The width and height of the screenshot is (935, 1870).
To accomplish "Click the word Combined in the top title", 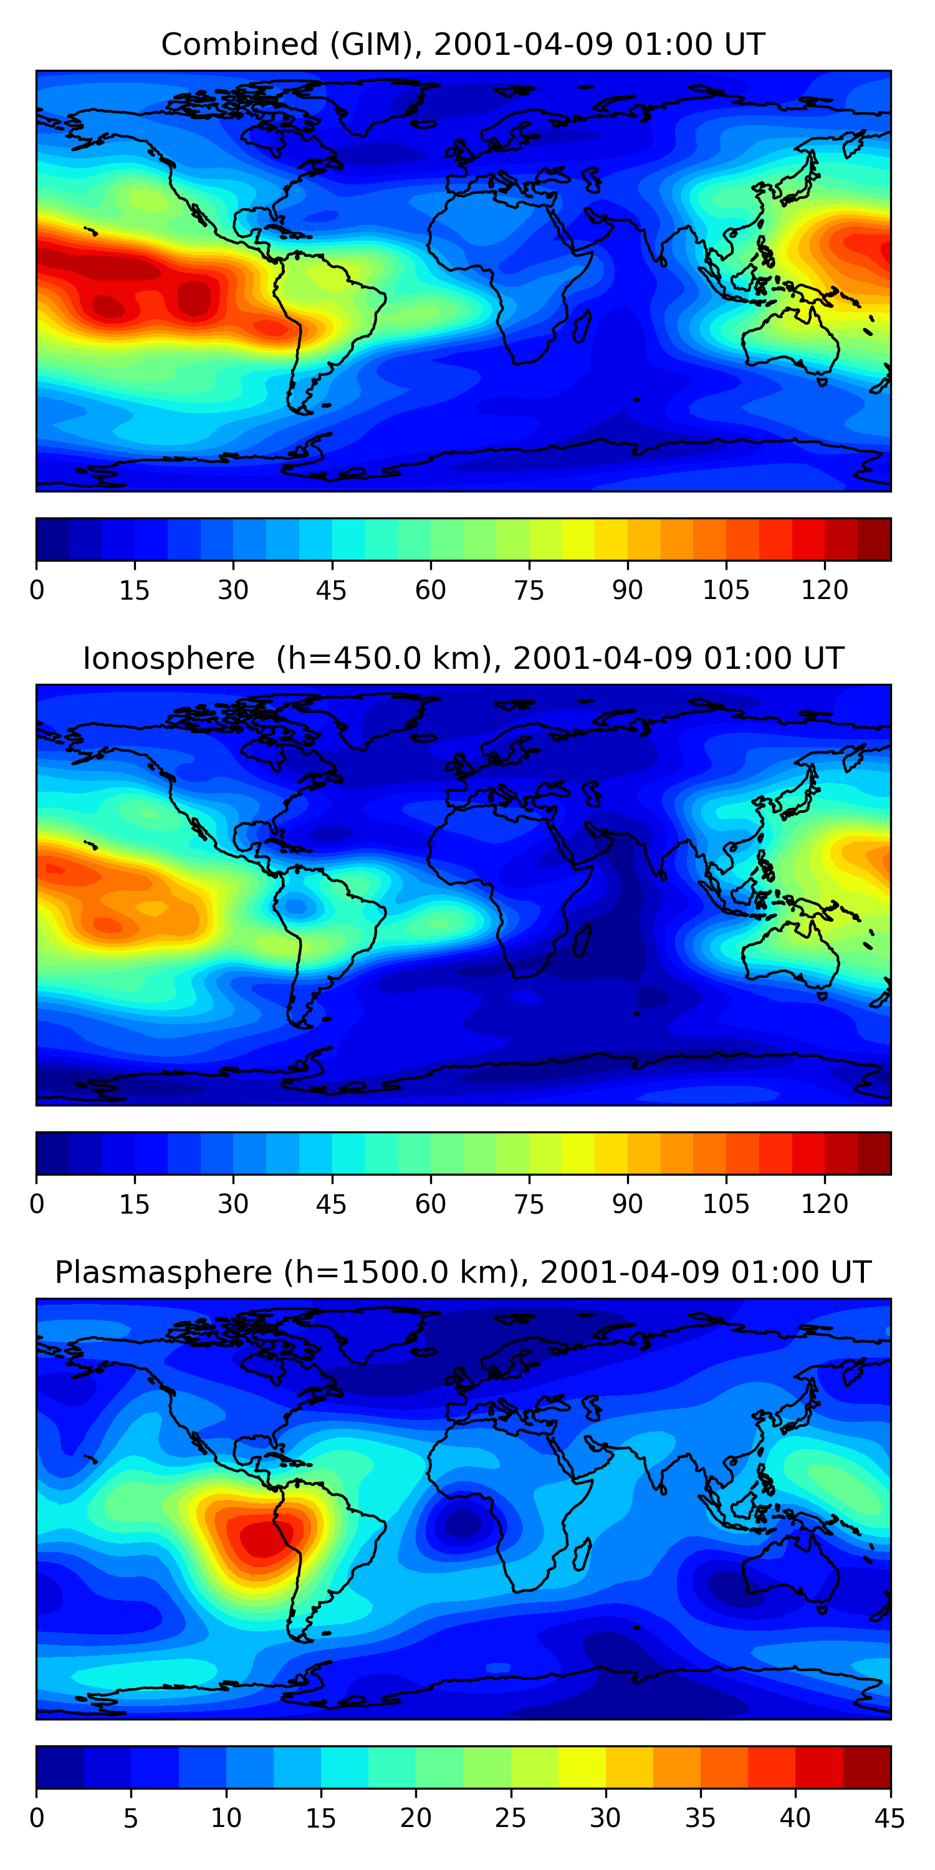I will coord(239,44).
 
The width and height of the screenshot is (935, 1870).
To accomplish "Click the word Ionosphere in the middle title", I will coord(168,658).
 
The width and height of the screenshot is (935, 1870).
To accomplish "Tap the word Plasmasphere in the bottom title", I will coord(163,1273).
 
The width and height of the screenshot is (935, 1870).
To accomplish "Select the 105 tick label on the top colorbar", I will coord(725,590).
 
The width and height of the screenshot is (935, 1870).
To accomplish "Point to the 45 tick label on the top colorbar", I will coord(331,590).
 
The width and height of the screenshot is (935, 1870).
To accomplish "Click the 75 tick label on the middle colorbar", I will coord(529,1204).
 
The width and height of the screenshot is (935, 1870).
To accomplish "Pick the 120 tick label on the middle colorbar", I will coord(824,1204).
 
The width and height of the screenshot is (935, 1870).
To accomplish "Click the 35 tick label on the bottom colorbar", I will coord(701,1818).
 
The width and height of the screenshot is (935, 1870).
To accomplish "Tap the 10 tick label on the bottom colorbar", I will coord(226,1818).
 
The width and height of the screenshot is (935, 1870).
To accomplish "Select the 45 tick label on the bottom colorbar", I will coord(889,1818).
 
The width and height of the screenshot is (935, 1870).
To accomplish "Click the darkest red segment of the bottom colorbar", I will coord(867,1767).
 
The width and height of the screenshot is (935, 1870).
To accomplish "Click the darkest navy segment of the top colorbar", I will coord(52,539).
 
